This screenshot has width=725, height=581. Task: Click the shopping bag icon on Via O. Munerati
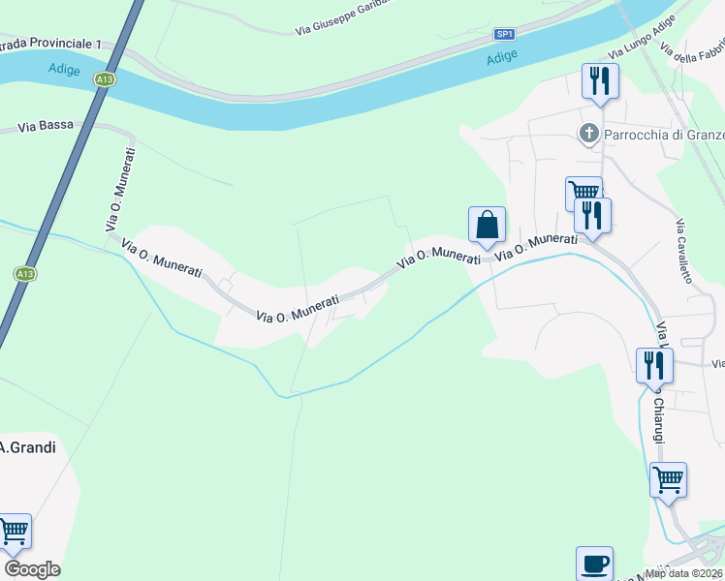[487, 225]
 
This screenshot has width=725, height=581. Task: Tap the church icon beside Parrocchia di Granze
[588, 134]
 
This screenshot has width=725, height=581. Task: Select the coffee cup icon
[594, 563]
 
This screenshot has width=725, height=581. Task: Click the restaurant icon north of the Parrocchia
[600, 80]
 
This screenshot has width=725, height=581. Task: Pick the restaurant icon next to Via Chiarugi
[654, 365]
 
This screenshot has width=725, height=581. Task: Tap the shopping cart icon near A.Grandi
[14, 531]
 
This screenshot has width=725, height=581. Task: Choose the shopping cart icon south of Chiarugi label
[668, 478]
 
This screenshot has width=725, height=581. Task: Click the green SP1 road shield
[504, 34]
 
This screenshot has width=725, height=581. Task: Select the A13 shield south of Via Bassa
[25, 274]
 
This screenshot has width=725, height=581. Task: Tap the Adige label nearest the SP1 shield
[501, 58]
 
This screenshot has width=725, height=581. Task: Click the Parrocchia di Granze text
[664, 134]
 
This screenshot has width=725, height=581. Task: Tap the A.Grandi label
[27, 447]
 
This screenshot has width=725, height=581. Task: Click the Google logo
[32, 568]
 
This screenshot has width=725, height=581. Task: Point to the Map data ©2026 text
[684, 573]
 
